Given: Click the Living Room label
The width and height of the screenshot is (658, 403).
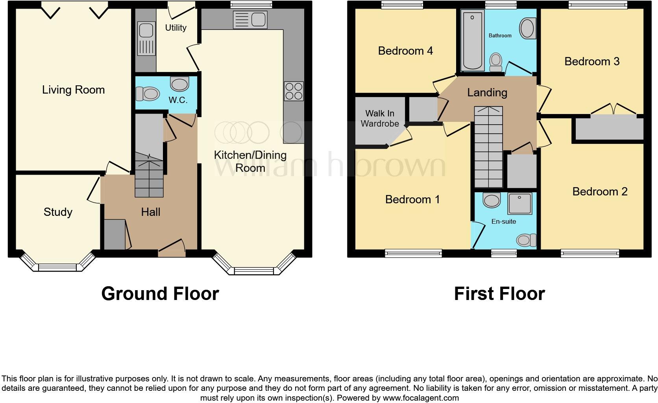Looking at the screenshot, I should pos(73,90).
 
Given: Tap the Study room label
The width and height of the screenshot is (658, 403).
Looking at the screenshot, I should pos(58,212).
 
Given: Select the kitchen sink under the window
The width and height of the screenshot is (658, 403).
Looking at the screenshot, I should pos(250,19).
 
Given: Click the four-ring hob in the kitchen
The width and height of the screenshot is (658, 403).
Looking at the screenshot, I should pos(294,91).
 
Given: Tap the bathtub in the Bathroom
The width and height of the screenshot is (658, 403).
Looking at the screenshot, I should pos(472,40).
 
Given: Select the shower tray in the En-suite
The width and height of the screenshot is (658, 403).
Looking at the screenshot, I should pos(519,203).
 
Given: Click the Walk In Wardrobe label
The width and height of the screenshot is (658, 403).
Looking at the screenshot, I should pos(380,118).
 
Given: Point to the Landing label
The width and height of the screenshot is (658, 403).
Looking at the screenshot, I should pos(487,93).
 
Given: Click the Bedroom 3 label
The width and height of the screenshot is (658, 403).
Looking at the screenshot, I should pos(591,62).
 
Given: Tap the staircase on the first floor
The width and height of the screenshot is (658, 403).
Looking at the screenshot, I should pos(488,147).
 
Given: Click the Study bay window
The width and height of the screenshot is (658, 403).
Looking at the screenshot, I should pos(57,267).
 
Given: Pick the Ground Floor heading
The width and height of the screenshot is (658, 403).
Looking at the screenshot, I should pos(160,294).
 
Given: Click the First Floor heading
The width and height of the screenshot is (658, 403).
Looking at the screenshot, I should pos(499,294).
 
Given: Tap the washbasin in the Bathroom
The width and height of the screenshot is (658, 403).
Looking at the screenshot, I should pos(528,28).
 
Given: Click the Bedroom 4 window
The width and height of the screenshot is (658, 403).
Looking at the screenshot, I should pos(402,5).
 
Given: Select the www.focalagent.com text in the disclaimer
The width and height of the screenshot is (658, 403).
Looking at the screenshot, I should pos(421,398).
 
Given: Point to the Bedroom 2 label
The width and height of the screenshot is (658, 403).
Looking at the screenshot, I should pos(599,192).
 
